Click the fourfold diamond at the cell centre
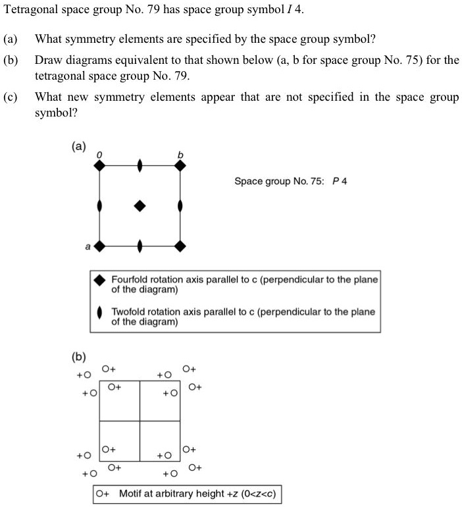click(140, 206)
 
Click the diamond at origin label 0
click(99, 166)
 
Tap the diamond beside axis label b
click(180, 166)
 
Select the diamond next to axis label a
click(99, 247)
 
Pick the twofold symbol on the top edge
click(140, 166)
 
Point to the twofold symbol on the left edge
click(99, 206)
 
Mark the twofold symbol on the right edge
click(180, 206)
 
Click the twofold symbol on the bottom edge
click(140, 247)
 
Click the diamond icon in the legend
click(99, 280)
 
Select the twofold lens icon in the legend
click(99, 313)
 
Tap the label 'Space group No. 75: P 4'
click(290, 182)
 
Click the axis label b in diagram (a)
click(179, 155)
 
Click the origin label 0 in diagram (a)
click(99, 154)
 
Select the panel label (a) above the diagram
click(78, 146)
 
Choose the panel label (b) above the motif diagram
click(78, 357)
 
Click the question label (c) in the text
click(10, 97)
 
